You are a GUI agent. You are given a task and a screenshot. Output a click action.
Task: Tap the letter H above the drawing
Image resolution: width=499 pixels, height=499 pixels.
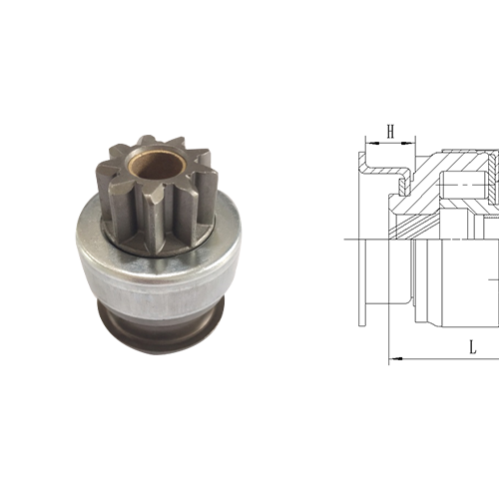[x=390, y=131]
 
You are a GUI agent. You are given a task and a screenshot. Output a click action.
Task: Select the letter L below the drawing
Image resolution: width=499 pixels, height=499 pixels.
[x=473, y=347]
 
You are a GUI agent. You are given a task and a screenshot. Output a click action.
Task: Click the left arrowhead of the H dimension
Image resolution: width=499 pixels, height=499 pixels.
[x=371, y=143]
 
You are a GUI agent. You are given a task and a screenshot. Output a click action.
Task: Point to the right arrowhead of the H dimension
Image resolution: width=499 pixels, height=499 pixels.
[x=409, y=143]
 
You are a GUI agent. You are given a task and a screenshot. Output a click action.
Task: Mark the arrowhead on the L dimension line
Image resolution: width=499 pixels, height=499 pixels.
[x=396, y=358]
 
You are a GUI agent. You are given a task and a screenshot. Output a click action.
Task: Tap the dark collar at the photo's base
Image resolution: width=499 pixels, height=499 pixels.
[x=161, y=329]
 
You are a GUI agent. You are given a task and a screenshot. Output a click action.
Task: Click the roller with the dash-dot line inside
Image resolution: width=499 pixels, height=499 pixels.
[x=462, y=184]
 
